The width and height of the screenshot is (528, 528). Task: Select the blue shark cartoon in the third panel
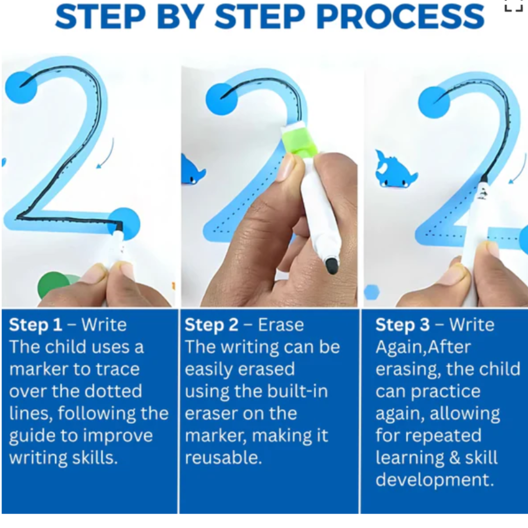(396, 168)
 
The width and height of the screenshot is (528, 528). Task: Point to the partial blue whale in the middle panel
(192, 171)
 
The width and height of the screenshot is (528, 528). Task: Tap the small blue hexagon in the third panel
(372, 291)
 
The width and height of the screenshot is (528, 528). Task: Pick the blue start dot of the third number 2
(435, 102)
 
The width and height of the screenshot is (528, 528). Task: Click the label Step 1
(36, 325)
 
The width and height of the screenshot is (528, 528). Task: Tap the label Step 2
(211, 325)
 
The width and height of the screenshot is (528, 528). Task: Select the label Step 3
(402, 325)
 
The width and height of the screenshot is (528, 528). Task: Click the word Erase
(281, 325)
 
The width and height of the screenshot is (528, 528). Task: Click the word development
(435, 480)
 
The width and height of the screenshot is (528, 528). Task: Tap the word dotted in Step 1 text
(113, 391)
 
